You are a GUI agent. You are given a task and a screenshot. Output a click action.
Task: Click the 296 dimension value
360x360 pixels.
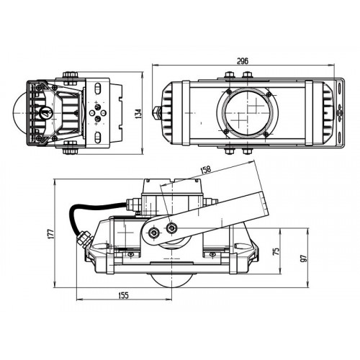click(243, 61)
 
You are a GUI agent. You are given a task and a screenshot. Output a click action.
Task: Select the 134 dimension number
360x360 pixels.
click(139, 113)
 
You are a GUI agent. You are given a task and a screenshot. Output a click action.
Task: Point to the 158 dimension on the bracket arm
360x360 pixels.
click(206, 169)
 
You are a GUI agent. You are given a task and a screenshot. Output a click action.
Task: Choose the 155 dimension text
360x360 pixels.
click(124, 295)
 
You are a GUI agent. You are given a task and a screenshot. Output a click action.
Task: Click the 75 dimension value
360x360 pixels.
click(276, 251)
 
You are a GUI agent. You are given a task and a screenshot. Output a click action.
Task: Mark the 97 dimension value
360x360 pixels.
click(304, 258)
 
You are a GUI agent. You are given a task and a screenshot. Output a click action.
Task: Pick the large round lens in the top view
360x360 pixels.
click(248, 113)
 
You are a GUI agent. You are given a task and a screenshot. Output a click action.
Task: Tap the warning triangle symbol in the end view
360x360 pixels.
click(45, 112)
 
